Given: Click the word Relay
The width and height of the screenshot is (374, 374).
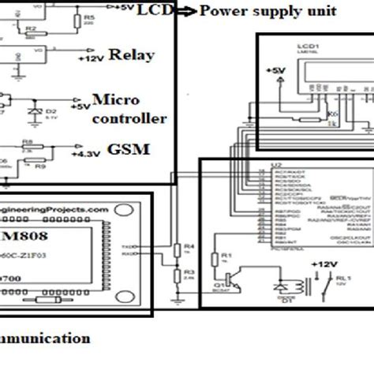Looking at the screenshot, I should click(131, 56).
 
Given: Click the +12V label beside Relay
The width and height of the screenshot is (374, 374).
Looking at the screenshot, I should click(92, 58).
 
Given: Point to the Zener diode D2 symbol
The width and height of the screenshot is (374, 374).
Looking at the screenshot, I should click(33, 111).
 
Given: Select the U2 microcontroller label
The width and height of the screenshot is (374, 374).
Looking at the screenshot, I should click(275, 166).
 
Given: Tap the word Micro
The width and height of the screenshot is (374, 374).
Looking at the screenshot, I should click(117, 101).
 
